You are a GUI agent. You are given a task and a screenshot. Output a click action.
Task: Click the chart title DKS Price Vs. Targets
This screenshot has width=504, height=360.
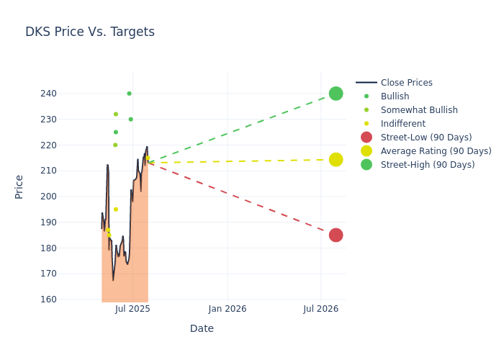[90, 32]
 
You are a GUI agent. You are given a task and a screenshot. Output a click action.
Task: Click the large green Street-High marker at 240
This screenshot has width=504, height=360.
[336, 94]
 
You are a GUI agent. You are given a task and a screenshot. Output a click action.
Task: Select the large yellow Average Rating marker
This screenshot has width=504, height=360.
[336, 160]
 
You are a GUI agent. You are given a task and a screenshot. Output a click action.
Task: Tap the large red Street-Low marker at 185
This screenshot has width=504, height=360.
[336, 235]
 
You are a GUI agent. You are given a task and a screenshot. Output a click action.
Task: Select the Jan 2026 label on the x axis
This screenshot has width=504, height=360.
[228, 310]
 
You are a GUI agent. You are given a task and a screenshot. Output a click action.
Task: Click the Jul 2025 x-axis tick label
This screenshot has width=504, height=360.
[132, 310]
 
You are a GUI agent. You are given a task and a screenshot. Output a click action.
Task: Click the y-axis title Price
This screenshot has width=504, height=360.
[19, 186]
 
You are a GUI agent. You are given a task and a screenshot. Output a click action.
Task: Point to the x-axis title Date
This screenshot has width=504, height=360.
[202, 329]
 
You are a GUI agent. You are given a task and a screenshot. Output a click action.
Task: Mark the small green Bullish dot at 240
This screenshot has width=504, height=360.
[130, 94]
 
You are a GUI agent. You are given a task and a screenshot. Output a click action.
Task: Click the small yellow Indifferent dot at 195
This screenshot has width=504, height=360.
[115, 210]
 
